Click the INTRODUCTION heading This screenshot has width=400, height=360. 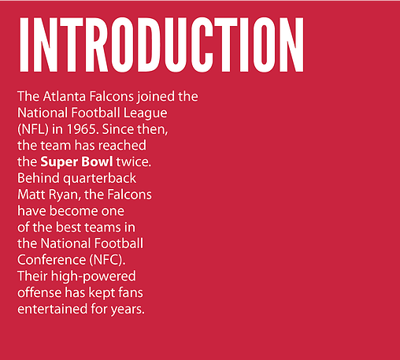[x=161, y=45]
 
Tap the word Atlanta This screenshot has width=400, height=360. [x=65, y=96]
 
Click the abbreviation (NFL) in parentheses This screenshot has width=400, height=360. [x=33, y=129]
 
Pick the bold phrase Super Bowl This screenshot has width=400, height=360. [x=76, y=162]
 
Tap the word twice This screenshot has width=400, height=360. [x=134, y=161]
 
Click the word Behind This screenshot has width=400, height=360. [x=39, y=178]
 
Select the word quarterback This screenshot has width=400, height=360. [x=99, y=179]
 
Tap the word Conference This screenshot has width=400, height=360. [x=51, y=260]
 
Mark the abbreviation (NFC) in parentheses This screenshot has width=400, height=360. [x=107, y=260]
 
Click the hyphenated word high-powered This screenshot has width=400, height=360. [x=93, y=276]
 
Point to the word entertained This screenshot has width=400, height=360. [x=52, y=309]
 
